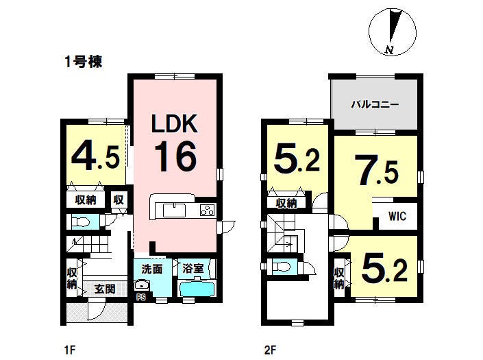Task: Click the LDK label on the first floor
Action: [x=174, y=123]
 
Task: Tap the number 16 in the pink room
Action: [x=175, y=156]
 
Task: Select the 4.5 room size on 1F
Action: [x=95, y=158]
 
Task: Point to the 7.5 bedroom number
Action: [x=376, y=170]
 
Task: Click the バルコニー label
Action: [x=375, y=105]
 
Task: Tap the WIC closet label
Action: [x=397, y=216]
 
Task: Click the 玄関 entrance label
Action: [x=105, y=289]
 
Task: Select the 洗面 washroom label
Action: [x=152, y=269]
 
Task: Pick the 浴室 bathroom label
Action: [x=193, y=269]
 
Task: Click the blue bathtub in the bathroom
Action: [x=197, y=289]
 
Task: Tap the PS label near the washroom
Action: [x=141, y=298]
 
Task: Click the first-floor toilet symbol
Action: [x=80, y=222]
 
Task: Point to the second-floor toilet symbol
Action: [x=280, y=265]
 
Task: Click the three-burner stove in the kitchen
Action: [x=207, y=210]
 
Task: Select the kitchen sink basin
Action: [x=174, y=211]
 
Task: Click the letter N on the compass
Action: [x=390, y=50]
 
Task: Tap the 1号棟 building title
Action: [x=83, y=62]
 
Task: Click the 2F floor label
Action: [x=270, y=350]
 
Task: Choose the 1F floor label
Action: [x=70, y=350]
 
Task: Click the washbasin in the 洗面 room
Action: [x=141, y=285]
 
